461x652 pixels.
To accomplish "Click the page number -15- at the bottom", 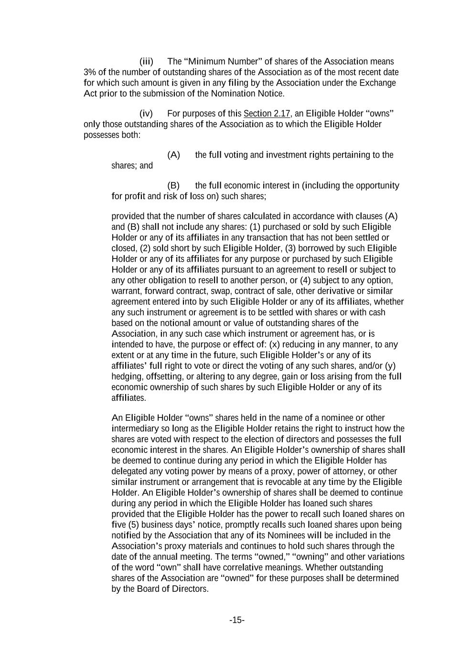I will pos(237,620).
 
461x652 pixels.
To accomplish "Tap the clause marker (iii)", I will pos(146,62).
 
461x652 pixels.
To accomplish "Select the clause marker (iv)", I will pos(146,114).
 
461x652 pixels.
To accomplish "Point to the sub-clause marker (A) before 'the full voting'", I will pos(173,155).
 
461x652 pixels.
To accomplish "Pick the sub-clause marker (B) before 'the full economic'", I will pos(173,185).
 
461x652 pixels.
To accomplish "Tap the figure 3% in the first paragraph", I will pos(90,72).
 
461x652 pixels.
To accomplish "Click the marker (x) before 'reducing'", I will pos(274,344).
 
